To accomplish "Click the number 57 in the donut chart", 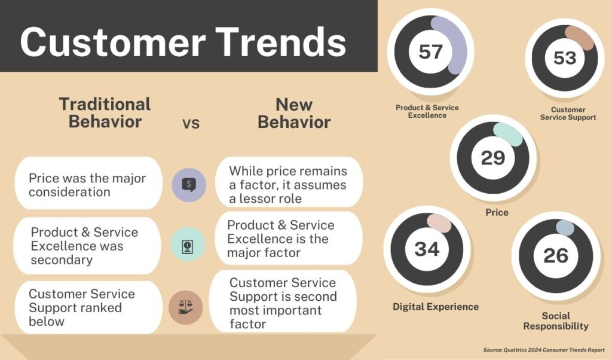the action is tap(430, 51).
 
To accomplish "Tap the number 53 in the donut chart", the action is tap(565, 58).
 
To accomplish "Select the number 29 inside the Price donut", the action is tap(492, 158).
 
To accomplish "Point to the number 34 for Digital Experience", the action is tap(427, 249).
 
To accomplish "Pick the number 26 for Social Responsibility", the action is tap(556, 256).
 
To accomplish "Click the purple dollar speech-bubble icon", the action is tap(189, 185).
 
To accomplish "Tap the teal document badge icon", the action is tap(188, 245).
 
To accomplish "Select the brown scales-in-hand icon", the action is tap(186, 307).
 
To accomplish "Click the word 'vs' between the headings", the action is tap(191, 123).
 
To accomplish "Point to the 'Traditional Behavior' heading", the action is tap(105, 113).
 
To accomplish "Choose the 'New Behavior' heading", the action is tap(294, 113).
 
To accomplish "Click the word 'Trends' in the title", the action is tap(281, 42).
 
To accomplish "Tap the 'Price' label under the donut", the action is tap(497, 212).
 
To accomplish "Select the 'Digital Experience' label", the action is tap(436, 307).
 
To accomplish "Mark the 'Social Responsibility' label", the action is tap(556, 321).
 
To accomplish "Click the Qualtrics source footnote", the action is tap(544, 350).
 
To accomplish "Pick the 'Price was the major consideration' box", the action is tap(88, 183).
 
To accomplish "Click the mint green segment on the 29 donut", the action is tap(508, 135).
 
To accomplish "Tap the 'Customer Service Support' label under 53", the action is tap(568, 113).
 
